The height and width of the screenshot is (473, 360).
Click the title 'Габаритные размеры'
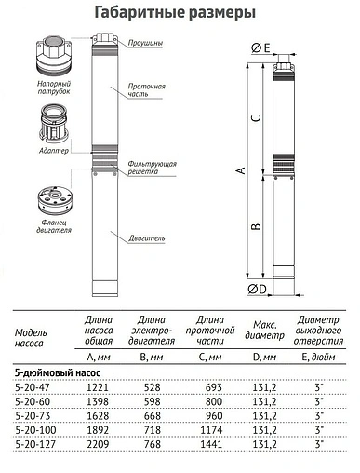(180, 12)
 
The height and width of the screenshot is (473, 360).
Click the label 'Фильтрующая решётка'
(151, 168)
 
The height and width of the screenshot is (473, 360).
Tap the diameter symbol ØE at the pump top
(260, 47)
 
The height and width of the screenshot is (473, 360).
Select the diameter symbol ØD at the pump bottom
(260, 290)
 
